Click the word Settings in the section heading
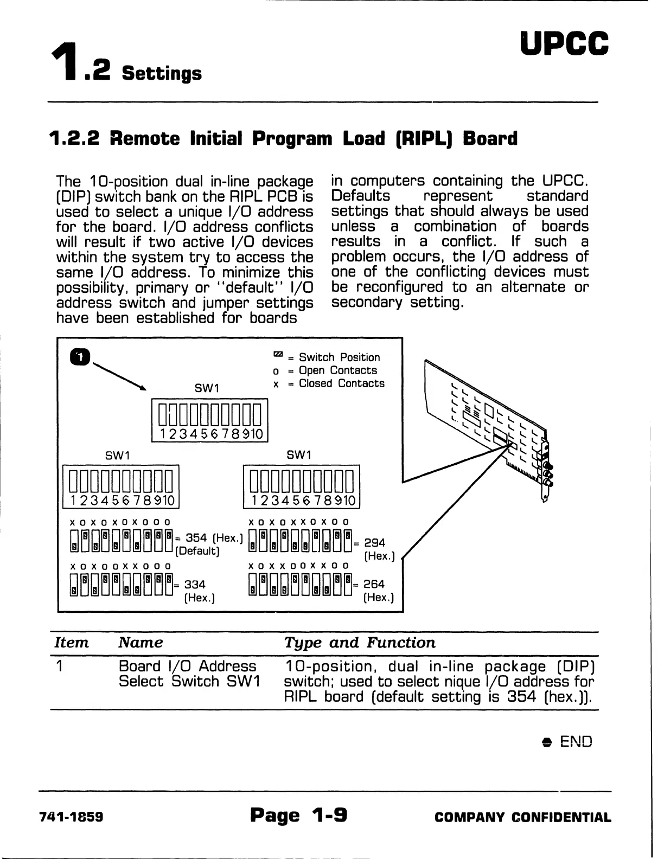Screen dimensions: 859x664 point(162,73)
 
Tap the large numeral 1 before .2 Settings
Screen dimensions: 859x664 point(65,65)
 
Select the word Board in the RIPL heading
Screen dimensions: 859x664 point(490,138)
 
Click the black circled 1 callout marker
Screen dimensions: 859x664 point(79,356)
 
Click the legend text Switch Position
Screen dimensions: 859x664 point(340,357)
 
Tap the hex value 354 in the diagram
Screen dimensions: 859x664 point(196,538)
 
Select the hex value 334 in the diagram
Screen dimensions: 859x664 point(195,585)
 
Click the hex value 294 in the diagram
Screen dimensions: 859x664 point(374,542)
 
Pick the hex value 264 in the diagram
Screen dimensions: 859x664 point(374,584)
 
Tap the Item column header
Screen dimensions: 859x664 point(71,643)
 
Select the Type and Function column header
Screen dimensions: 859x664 point(360,643)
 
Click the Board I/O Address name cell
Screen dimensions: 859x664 point(188,666)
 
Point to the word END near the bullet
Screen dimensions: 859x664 point(576,741)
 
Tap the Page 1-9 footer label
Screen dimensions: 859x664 point(299,815)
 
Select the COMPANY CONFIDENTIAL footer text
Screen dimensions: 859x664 point(523,817)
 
